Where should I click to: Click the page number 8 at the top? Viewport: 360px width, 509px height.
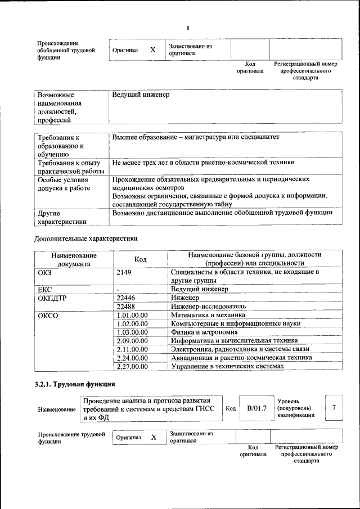click(x=188, y=28)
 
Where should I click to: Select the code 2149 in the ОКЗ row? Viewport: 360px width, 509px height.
click(x=124, y=272)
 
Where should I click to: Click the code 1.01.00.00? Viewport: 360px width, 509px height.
click(x=132, y=316)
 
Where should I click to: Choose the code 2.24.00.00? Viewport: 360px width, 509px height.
click(x=132, y=358)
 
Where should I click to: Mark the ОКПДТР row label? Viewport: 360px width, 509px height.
click(x=52, y=298)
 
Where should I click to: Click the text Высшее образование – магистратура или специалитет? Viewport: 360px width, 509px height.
click(x=195, y=137)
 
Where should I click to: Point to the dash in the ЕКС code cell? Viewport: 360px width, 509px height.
click(x=118, y=290)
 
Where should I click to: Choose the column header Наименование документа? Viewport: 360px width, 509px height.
click(x=74, y=259)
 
